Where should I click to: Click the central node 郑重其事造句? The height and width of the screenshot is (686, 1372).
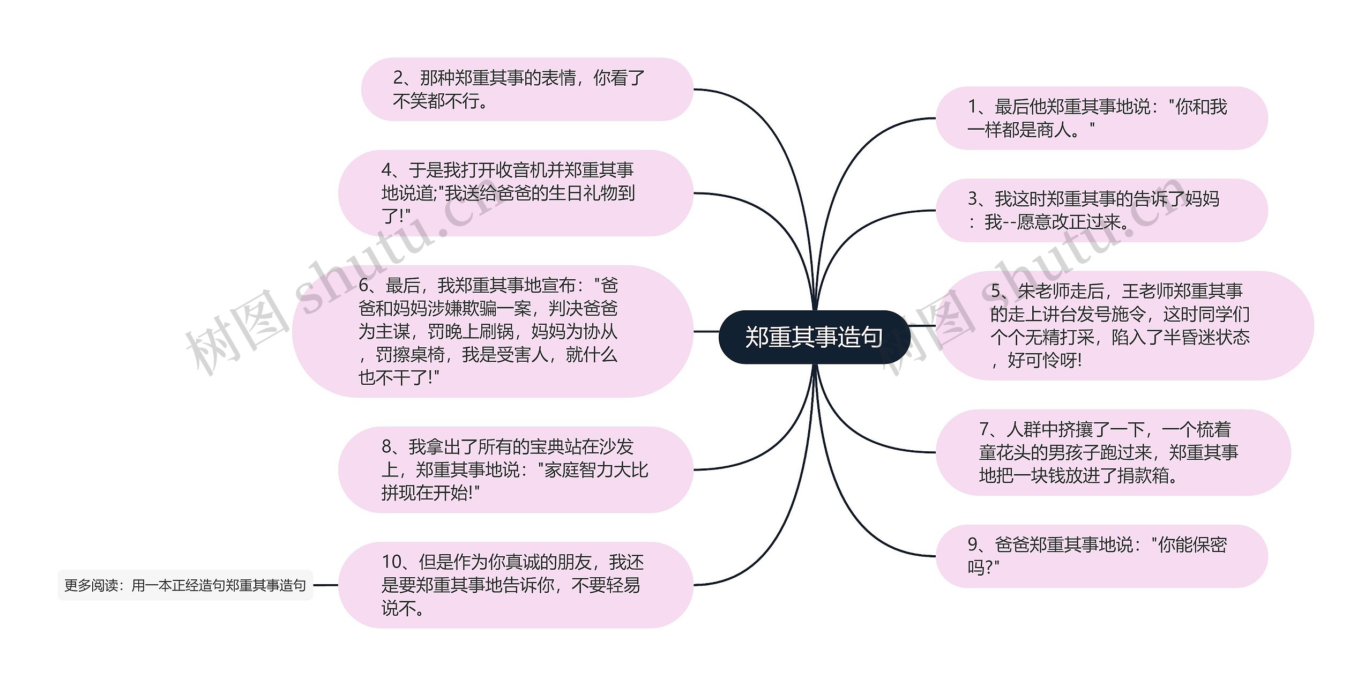point(814,337)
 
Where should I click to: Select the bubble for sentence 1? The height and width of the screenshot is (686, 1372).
point(1101,118)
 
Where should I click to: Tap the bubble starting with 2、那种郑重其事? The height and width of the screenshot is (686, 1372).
point(527,90)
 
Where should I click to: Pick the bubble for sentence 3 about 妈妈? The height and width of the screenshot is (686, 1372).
point(1101,210)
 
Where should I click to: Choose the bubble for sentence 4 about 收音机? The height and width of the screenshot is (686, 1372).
point(516,193)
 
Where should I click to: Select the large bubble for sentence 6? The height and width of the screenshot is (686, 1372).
point(492,331)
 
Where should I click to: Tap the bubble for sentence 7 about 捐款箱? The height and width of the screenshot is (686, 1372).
point(1113,452)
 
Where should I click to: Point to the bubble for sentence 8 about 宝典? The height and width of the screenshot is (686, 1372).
point(516,469)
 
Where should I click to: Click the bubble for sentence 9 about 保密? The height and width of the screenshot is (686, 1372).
point(1101,556)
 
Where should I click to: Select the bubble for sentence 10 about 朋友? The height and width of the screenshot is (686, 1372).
point(516,585)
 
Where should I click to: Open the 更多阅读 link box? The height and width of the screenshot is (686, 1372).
point(185,585)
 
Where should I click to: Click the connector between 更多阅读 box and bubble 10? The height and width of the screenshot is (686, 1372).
point(325,585)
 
